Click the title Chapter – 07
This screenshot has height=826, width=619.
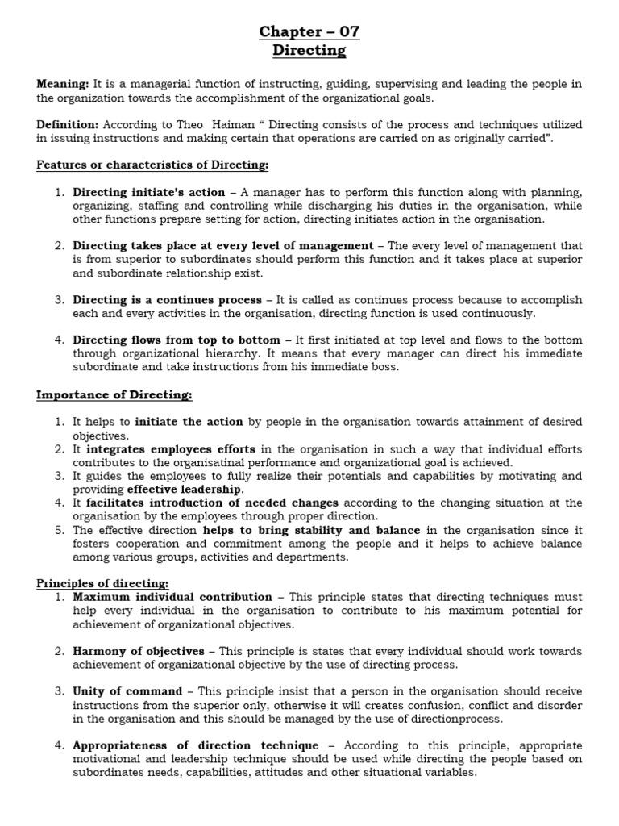[x=309, y=32]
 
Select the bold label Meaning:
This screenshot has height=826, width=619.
[x=63, y=85]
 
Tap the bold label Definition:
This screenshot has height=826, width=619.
[x=68, y=125]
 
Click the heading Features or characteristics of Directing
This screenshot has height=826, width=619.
[x=152, y=165]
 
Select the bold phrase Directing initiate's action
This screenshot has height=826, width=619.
[x=149, y=192]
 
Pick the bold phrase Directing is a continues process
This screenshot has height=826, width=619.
[x=166, y=300]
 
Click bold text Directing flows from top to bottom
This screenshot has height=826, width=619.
[x=177, y=340]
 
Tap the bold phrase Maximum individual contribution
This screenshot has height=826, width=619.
[x=172, y=597]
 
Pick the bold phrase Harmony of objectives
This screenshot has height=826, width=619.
[x=139, y=651]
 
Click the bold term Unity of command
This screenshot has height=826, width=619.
[x=127, y=691]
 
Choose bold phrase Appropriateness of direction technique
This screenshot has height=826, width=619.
[x=196, y=745]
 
